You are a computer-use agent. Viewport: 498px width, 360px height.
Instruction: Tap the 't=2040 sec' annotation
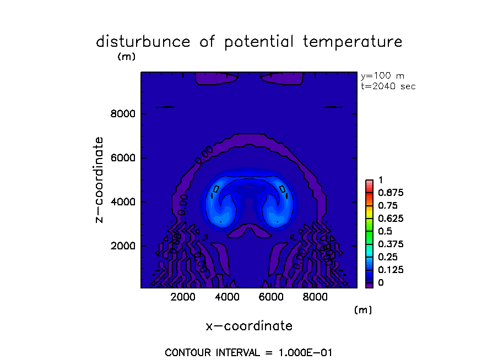387,86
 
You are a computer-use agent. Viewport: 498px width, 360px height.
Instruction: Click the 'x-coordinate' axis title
249,326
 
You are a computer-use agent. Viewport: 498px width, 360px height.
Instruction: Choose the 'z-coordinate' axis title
100,179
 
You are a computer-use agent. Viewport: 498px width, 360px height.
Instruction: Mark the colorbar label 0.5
385,231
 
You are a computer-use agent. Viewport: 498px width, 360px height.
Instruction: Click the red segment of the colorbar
370,187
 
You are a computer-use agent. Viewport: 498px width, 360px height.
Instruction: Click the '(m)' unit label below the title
126,56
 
